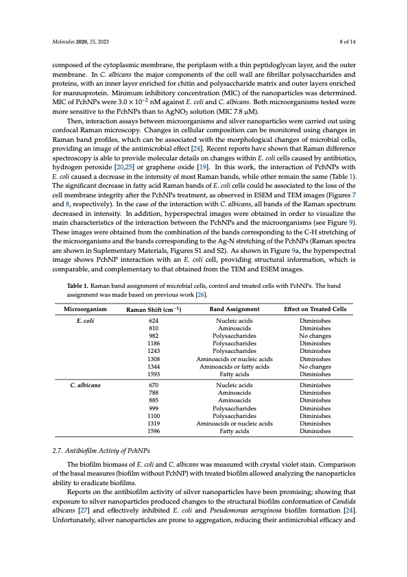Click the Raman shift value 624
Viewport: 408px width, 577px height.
click(x=154, y=320)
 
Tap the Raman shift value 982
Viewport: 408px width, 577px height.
click(x=154, y=336)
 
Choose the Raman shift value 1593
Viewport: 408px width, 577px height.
click(x=154, y=374)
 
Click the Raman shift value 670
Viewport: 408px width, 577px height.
click(x=154, y=386)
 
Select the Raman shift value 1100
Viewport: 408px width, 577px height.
click(x=154, y=416)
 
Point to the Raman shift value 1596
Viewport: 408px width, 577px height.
click(x=154, y=431)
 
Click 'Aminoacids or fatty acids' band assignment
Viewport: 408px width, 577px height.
click(x=235, y=367)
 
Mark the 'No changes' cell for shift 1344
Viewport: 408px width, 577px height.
click(x=315, y=367)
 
